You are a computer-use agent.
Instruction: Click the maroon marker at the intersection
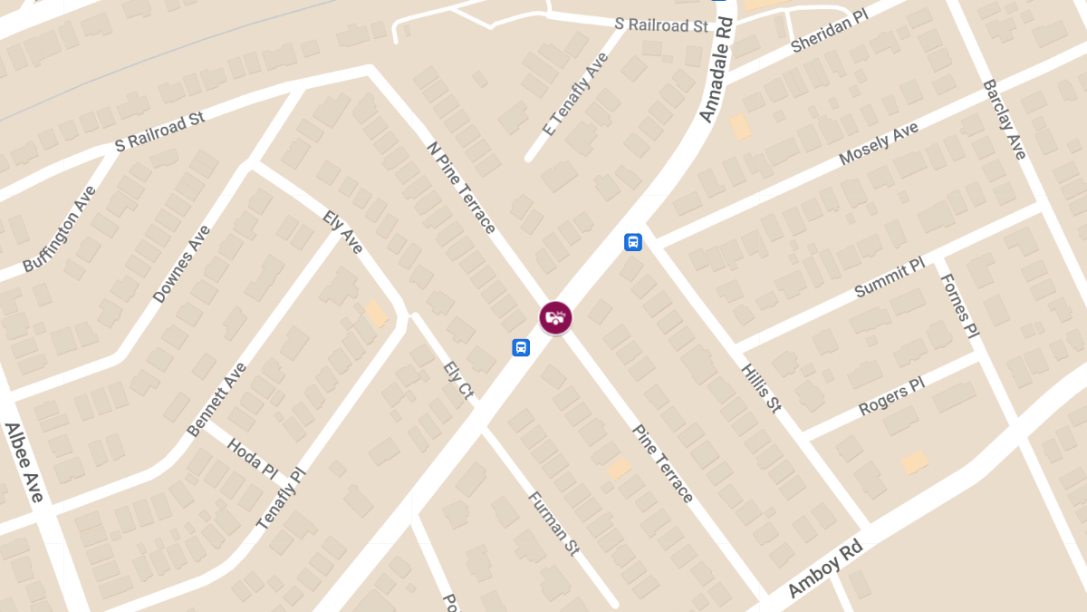(x=555, y=317)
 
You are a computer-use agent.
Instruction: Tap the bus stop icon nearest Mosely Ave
(x=633, y=242)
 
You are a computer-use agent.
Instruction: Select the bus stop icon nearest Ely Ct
(x=521, y=348)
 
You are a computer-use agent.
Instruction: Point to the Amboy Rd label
(x=824, y=570)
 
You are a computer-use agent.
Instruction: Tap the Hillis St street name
(x=761, y=388)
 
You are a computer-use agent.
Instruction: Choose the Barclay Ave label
(x=1005, y=120)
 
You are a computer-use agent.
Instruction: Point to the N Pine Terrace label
(x=461, y=186)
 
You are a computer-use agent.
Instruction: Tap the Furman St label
(x=553, y=523)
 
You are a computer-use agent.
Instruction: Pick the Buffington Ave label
(x=59, y=228)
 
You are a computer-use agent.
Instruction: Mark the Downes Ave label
(x=181, y=263)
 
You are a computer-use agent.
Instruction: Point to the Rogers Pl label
(x=891, y=396)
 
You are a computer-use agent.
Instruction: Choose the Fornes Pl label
(x=959, y=306)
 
